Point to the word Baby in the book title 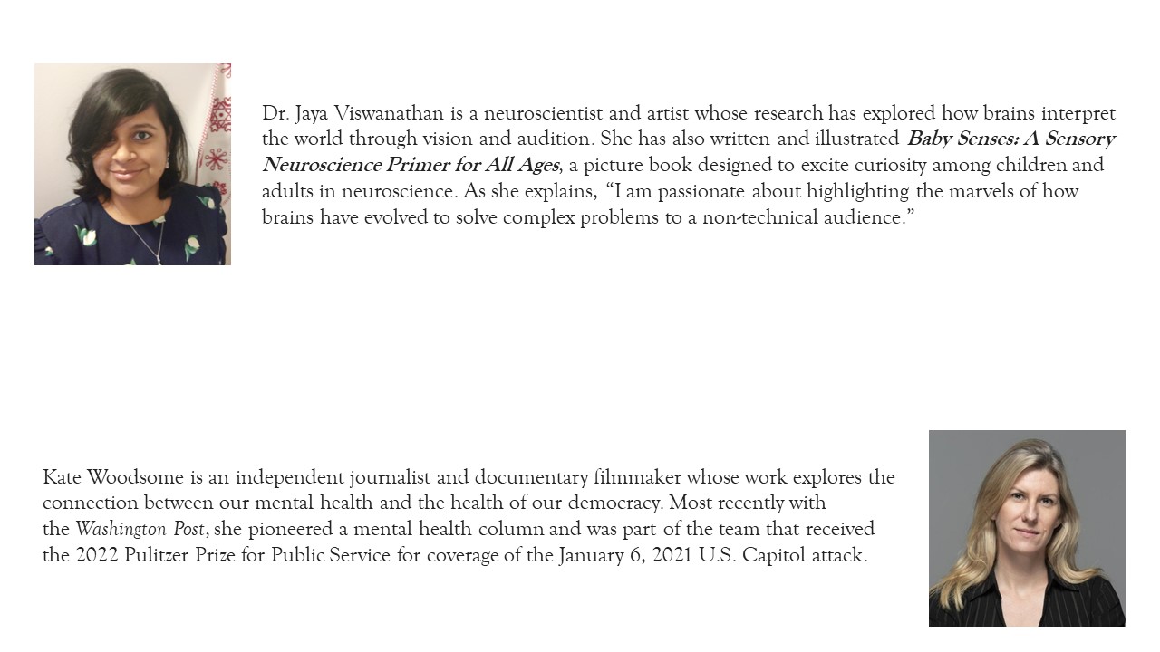click(x=930, y=139)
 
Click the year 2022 click(x=94, y=555)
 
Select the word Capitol click(x=773, y=555)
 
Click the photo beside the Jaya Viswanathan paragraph click(x=132, y=164)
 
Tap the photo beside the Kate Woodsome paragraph click(x=1027, y=528)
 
